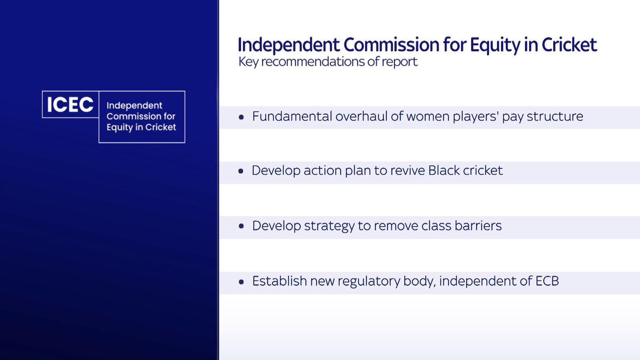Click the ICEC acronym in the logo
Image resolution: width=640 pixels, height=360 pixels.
[x=70, y=104]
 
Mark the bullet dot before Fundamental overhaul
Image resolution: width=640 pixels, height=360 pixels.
[x=241, y=117]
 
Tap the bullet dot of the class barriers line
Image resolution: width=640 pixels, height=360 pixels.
[x=241, y=226]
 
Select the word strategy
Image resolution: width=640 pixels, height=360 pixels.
[x=329, y=226]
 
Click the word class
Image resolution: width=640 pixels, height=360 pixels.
[x=436, y=226]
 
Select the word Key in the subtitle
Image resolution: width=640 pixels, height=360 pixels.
[x=248, y=62]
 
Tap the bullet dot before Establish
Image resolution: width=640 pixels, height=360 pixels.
[x=241, y=282]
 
